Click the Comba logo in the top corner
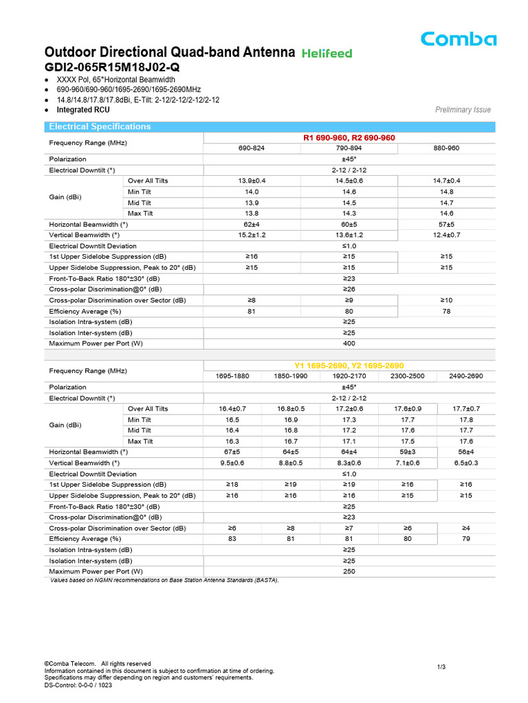click(x=459, y=39)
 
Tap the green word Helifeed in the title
click(x=327, y=53)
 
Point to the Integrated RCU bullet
click(x=83, y=110)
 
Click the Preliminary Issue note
click(x=463, y=110)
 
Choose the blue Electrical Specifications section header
click(x=99, y=126)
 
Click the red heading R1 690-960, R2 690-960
click(x=349, y=138)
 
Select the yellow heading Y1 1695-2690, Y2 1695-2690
click(x=349, y=366)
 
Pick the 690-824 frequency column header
click(x=252, y=148)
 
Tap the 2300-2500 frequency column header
click(x=407, y=376)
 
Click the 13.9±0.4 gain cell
click(x=252, y=181)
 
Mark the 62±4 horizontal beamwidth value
click(x=252, y=224)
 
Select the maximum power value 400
click(x=349, y=343)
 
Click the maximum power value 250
click(x=349, y=571)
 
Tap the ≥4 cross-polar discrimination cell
click(x=465, y=528)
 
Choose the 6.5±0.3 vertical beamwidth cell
click(x=465, y=463)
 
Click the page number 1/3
click(x=441, y=667)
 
